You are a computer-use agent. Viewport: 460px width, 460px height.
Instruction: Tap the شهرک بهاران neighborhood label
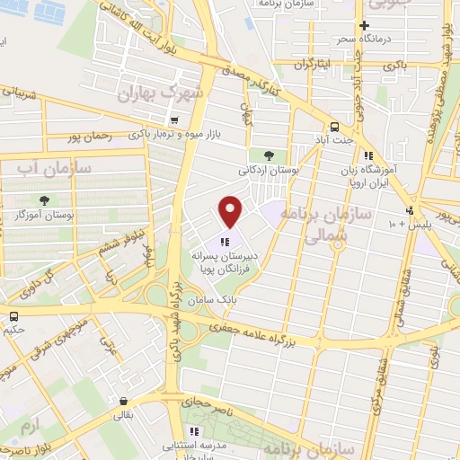(163, 93)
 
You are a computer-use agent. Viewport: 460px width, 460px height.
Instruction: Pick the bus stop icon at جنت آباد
(334, 127)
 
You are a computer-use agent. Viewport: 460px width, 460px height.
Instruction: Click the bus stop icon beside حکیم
(14, 316)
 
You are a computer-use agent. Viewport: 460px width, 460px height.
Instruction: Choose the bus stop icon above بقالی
(123, 402)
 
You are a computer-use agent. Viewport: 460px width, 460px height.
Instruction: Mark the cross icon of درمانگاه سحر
(364, 26)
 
